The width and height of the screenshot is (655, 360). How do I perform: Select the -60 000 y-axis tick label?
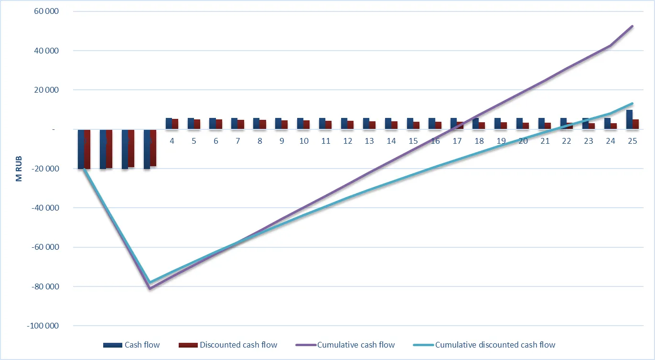coord(43,247)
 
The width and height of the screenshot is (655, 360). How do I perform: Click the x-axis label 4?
coord(172,141)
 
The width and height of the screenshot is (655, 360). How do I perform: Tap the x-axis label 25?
coord(632,141)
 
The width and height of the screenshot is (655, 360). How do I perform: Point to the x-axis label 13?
coord(369,141)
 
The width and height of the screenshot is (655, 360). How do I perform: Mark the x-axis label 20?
coord(523,141)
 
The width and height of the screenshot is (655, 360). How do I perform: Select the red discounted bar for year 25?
coord(635,124)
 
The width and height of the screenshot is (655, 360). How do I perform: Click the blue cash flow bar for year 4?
coord(169,124)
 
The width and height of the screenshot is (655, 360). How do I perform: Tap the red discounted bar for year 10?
coord(306,125)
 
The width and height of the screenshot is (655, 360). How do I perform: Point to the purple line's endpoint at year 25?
coord(633,26)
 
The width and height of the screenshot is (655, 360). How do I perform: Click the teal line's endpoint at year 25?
coord(633,104)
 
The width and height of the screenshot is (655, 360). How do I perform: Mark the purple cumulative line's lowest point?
coord(150,288)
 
